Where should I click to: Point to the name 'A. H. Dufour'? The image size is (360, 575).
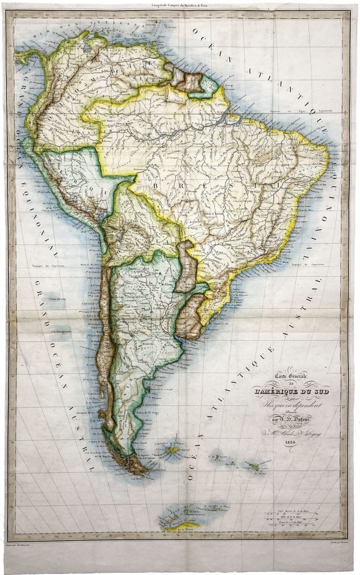click(301, 416)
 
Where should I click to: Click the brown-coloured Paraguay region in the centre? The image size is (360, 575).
click(186, 267)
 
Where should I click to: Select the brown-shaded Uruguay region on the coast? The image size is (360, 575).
click(192, 318)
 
